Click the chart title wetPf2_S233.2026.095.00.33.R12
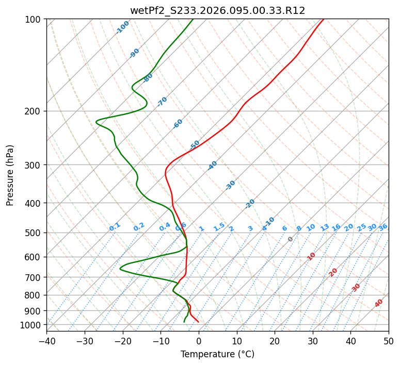pos(217,10)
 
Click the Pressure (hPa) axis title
pos(10,175)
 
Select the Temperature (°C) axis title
pos(217,354)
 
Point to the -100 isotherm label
pos(122,27)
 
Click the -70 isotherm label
pos(162,102)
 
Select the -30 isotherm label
pos(230,185)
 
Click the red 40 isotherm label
pos(379,303)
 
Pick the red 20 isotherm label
pos(333,272)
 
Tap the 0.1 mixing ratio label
pos(115,227)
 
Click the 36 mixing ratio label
pos(383,227)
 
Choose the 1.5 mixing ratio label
pos(219,227)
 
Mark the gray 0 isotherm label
pos(291,239)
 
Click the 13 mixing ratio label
pos(325,227)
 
